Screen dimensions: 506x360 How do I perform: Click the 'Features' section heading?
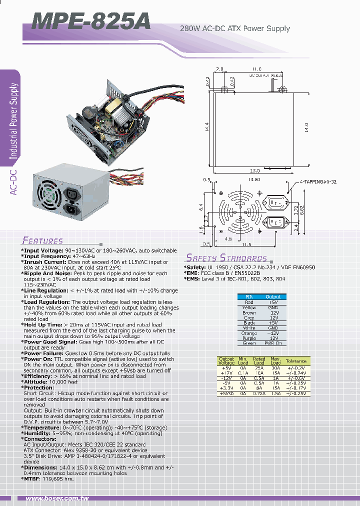[42, 240]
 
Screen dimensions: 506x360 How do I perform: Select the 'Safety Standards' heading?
[226, 258]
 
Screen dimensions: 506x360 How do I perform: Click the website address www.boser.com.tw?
[57, 498]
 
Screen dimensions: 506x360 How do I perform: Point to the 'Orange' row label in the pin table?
[249, 333]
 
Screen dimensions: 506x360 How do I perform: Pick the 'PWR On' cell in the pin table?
[273, 343]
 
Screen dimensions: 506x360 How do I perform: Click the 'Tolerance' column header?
[296, 361]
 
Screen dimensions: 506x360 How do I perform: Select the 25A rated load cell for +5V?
[259, 367]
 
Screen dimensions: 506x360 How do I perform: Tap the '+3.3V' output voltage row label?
[226, 388]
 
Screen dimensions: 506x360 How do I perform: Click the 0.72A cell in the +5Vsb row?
[259, 394]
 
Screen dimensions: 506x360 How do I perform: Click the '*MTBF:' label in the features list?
[32, 478]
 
